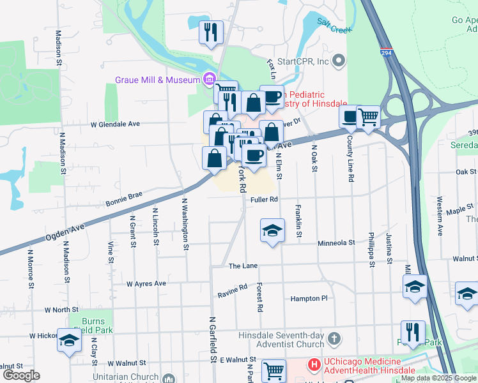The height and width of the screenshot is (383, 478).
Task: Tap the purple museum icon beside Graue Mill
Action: pos(208,79)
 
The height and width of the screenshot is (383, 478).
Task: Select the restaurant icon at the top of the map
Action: pos(211,33)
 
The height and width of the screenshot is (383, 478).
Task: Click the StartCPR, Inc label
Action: pos(303,61)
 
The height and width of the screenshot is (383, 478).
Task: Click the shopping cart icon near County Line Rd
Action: pos(368,117)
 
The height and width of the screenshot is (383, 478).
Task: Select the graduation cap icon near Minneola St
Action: pos(272,230)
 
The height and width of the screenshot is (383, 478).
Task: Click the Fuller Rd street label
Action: pos(264,200)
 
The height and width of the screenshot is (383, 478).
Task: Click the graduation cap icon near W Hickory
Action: pos(69,340)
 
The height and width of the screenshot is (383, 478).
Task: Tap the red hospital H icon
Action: pos(314,365)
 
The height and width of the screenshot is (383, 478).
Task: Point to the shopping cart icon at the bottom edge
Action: pos(274,370)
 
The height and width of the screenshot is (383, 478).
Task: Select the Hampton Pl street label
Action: pos(309,298)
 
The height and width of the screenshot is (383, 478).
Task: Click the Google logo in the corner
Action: pos(21,375)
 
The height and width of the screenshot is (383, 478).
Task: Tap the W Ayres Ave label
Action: pos(146,283)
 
